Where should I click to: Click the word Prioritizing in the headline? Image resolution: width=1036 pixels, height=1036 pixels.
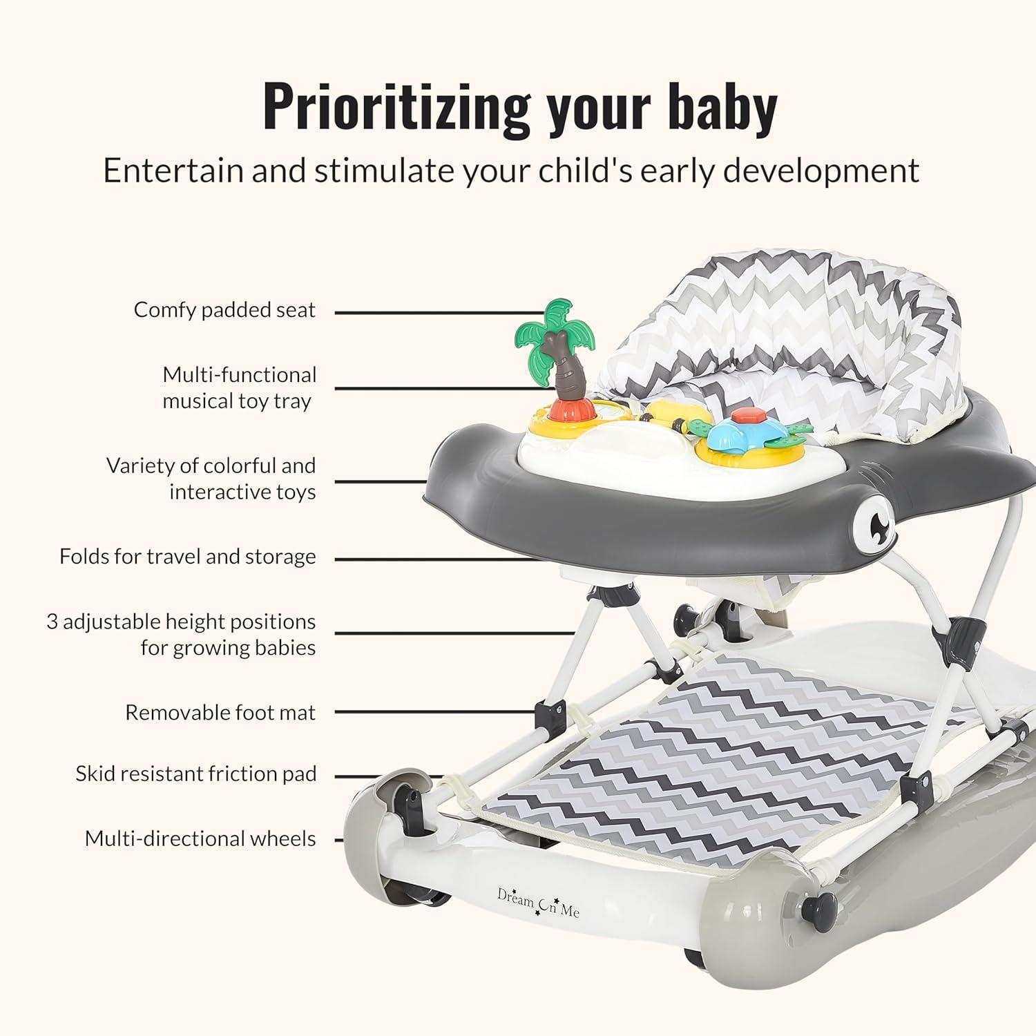coord(396,107)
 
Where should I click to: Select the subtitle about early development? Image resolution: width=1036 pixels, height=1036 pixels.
coord(511,171)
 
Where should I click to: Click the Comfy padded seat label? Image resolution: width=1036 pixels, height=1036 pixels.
coord(224,310)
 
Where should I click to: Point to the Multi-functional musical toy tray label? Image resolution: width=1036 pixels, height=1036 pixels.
coord(239,387)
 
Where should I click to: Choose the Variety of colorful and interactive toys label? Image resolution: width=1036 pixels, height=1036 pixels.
coord(211,479)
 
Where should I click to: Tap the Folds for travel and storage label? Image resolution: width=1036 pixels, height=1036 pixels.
coord(187,557)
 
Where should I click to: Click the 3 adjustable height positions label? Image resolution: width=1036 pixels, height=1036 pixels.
coord(181,634)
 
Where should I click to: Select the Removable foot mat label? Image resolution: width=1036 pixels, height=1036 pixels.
coord(220,712)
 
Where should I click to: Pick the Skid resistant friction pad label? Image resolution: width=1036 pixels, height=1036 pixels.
coord(196,774)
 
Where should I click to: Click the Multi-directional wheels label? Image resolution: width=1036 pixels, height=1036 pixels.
coord(200,838)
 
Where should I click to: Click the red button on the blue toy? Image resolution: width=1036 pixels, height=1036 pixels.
coord(744,416)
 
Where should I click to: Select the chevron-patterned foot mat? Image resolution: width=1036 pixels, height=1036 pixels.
coord(711,760)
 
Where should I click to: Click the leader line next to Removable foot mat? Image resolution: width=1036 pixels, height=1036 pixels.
coord(436,711)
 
